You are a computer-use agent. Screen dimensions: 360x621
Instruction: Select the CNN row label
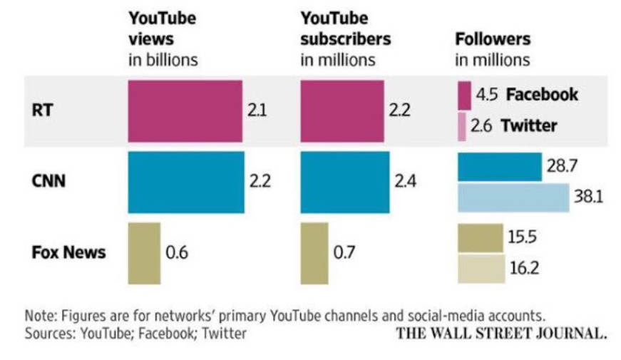click(x=48, y=181)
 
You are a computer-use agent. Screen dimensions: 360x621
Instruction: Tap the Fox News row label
click(x=68, y=252)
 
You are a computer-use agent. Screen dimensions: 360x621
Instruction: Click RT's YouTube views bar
click(x=185, y=111)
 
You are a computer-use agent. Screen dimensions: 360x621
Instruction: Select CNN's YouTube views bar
click(x=186, y=182)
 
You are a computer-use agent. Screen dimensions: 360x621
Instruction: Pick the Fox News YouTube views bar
click(x=144, y=253)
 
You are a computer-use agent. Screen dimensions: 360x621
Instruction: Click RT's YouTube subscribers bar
click(x=342, y=111)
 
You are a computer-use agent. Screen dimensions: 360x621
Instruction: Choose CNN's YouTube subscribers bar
click(x=345, y=182)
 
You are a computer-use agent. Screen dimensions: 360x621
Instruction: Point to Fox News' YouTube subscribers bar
click(x=314, y=253)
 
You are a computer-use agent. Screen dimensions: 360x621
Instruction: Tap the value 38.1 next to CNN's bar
click(x=589, y=197)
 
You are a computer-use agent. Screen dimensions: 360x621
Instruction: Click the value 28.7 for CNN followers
click(x=561, y=166)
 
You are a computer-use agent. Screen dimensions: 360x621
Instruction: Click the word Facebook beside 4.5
click(x=542, y=95)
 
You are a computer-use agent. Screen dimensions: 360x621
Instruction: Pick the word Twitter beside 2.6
click(x=529, y=126)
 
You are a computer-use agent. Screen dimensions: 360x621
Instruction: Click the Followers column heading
click(x=493, y=38)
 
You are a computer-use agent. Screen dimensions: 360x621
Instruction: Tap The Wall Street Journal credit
click(x=502, y=333)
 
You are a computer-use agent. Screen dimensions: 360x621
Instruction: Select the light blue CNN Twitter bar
click(x=513, y=197)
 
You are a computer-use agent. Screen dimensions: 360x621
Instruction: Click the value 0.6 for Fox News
click(x=176, y=253)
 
